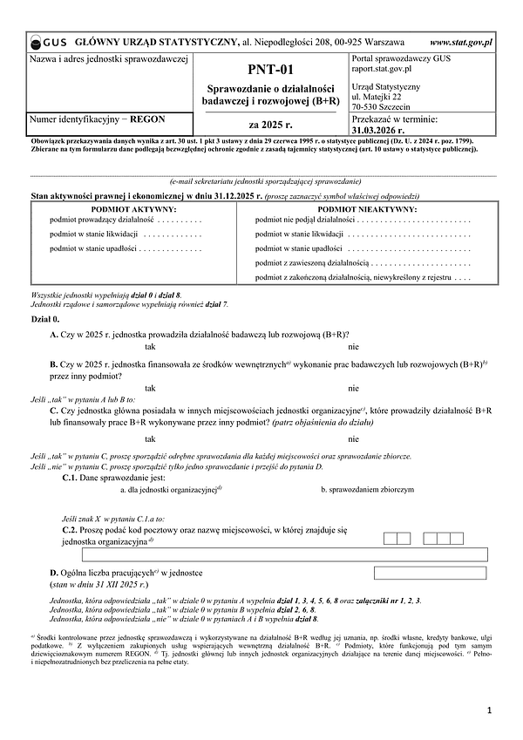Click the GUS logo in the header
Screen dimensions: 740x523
[x=49, y=41]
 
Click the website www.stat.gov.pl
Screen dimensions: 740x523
[x=460, y=41]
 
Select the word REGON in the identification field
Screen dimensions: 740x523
[x=147, y=117]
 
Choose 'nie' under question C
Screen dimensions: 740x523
[x=353, y=438]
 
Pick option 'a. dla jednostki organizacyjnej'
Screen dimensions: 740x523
[x=171, y=490]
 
